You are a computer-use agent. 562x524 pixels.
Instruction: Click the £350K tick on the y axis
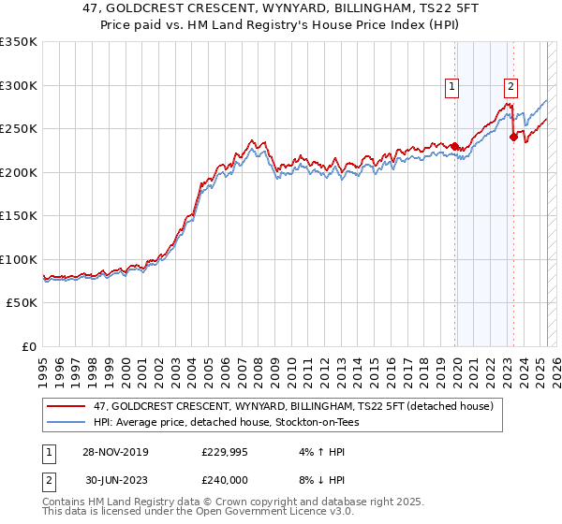coord(19,42)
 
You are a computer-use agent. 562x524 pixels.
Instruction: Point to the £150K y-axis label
coord(19,216)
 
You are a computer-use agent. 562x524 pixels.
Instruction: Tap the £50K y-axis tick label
coord(22,303)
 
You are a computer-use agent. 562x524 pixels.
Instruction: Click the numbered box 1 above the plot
coord(451,87)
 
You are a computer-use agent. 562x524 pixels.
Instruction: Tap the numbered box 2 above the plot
coord(510,87)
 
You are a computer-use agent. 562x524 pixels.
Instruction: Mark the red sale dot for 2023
coord(513,137)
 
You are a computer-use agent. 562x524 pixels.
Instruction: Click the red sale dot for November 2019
coord(455,146)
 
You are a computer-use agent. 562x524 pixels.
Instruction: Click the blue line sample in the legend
coord(67,422)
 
